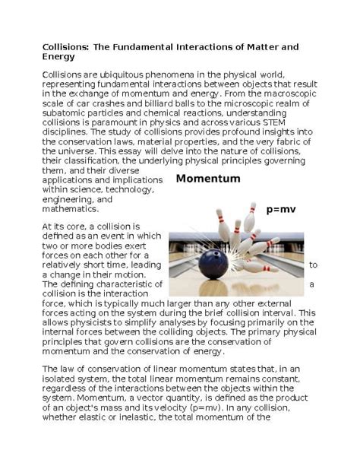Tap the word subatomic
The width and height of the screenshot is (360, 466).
[x=67, y=112]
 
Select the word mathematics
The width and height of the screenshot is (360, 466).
[x=70, y=208]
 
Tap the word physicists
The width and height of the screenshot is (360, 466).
[x=95, y=322]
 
